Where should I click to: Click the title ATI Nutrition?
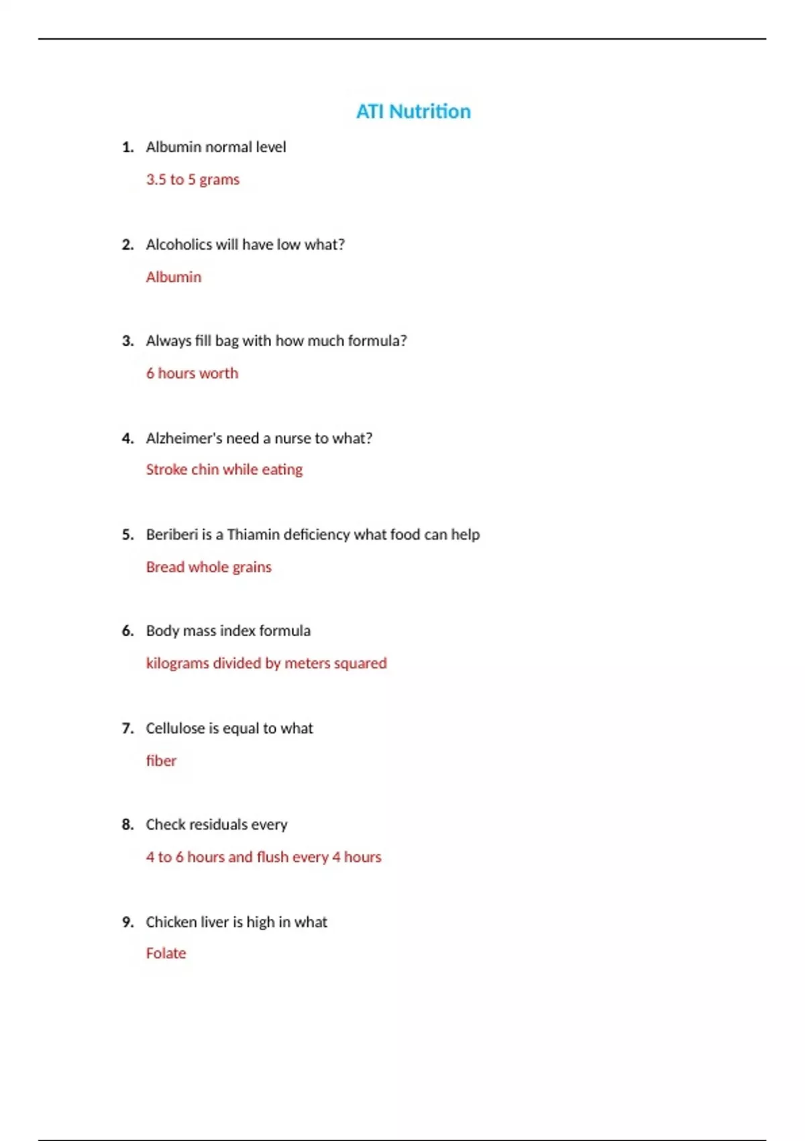413,111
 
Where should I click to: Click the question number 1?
127,147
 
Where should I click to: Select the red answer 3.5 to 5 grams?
193,180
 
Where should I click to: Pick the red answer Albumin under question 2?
173,277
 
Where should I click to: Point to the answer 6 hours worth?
192,373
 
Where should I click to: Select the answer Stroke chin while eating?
224,470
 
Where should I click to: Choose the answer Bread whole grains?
209,567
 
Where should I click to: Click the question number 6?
127,631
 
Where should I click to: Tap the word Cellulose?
175,728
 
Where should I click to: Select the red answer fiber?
161,761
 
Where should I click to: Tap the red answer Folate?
166,954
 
